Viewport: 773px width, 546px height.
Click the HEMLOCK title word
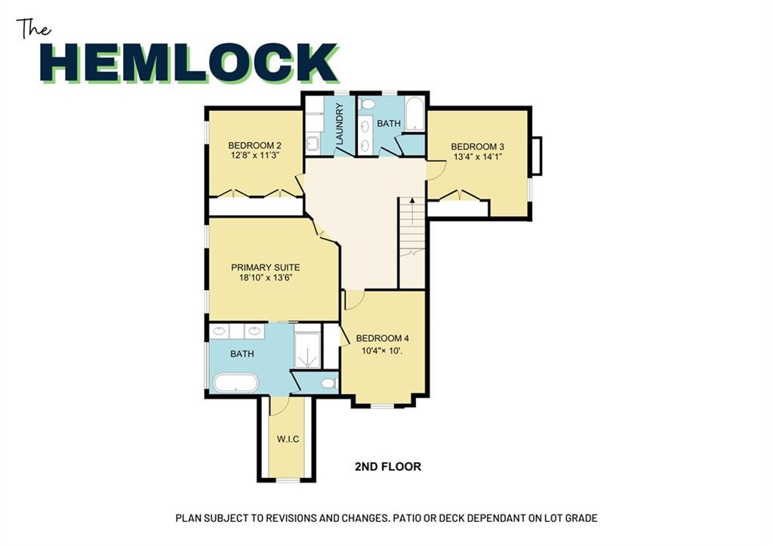click(x=189, y=63)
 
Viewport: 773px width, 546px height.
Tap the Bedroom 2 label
click(x=254, y=146)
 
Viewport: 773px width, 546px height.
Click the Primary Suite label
click(x=265, y=267)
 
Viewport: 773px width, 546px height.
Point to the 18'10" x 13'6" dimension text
click(x=266, y=278)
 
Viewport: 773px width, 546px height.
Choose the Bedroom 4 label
click(x=383, y=338)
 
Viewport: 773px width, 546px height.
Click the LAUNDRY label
click(x=340, y=125)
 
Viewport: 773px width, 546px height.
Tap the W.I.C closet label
click(x=288, y=439)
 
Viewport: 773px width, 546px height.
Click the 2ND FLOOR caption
click(x=388, y=467)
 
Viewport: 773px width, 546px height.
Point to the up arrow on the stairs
click(x=412, y=202)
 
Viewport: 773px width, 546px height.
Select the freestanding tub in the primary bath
click(x=236, y=383)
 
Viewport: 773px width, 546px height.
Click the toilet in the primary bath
click(x=329, y=383)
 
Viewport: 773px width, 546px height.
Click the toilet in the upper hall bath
click(x=367, y=104)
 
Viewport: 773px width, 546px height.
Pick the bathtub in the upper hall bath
click(x=414, y=114)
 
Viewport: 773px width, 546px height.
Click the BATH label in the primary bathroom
click(x=242, y=353)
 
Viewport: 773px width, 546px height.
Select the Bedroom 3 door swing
click(x=436, y=168)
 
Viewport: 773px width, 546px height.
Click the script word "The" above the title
click(x=33, y=29)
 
